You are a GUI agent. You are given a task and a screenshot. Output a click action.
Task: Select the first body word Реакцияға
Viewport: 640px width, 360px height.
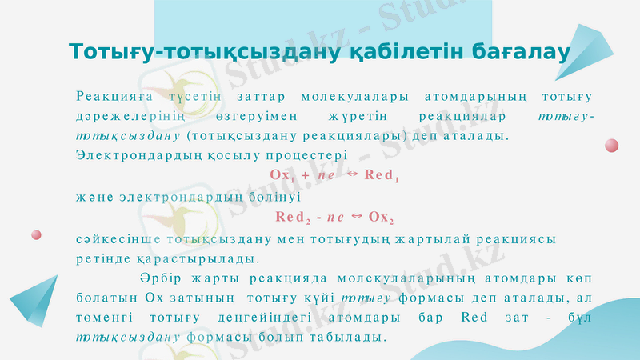(x=108, y=97)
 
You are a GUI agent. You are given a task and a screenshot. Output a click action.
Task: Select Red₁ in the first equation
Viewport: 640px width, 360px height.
(x=381, y=174)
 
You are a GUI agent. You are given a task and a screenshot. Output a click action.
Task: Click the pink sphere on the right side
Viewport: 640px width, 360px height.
(x=611, y=146)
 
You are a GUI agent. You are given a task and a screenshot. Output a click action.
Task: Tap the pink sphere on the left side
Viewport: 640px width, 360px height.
(x=36, y=234)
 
